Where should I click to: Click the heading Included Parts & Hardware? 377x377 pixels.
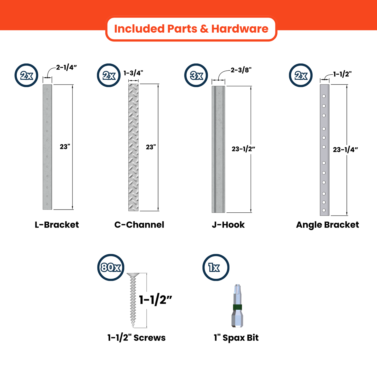[191, 29]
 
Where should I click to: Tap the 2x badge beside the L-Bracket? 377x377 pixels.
[26, 75]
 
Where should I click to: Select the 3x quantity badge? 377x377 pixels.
[196, 75]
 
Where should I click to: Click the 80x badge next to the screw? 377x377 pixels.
[111, 267]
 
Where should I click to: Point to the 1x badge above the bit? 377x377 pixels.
[216, 267]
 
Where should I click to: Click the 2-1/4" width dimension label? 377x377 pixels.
[66, 67]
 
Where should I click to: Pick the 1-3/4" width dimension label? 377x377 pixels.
[133, 73]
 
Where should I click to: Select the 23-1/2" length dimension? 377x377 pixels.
[243, 149]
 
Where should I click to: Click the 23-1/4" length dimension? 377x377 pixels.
[345, 150]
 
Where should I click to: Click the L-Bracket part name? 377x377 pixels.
[57, 225]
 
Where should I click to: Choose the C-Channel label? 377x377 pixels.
[139, 225]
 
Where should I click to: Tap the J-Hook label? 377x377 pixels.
[228, 225]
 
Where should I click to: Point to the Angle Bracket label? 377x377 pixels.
[327, 225]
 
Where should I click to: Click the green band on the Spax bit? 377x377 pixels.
[237, 307]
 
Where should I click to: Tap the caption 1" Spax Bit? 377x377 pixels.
[236, 338]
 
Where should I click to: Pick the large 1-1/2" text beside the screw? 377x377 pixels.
[155, 300]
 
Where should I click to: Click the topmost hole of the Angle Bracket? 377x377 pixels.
[324, 96]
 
